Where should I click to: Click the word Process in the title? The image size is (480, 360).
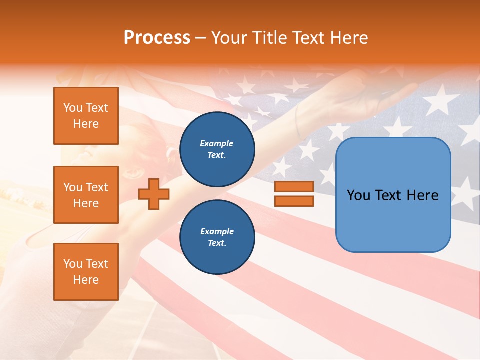pos(157,38)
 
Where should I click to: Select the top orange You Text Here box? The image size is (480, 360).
pos(86,116)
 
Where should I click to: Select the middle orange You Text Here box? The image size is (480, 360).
pos(86,195)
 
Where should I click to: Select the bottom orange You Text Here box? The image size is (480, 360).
pos(86,271)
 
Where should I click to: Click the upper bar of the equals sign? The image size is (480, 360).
pos(294,187)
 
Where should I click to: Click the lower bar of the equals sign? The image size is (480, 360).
pos(294,201)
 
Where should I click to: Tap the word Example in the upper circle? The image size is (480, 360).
pos(217,143)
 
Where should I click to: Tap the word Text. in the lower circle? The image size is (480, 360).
pos(217,243)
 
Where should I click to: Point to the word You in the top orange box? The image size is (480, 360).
pos(73,108)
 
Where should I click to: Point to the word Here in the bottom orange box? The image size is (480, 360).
pos(86,280)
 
